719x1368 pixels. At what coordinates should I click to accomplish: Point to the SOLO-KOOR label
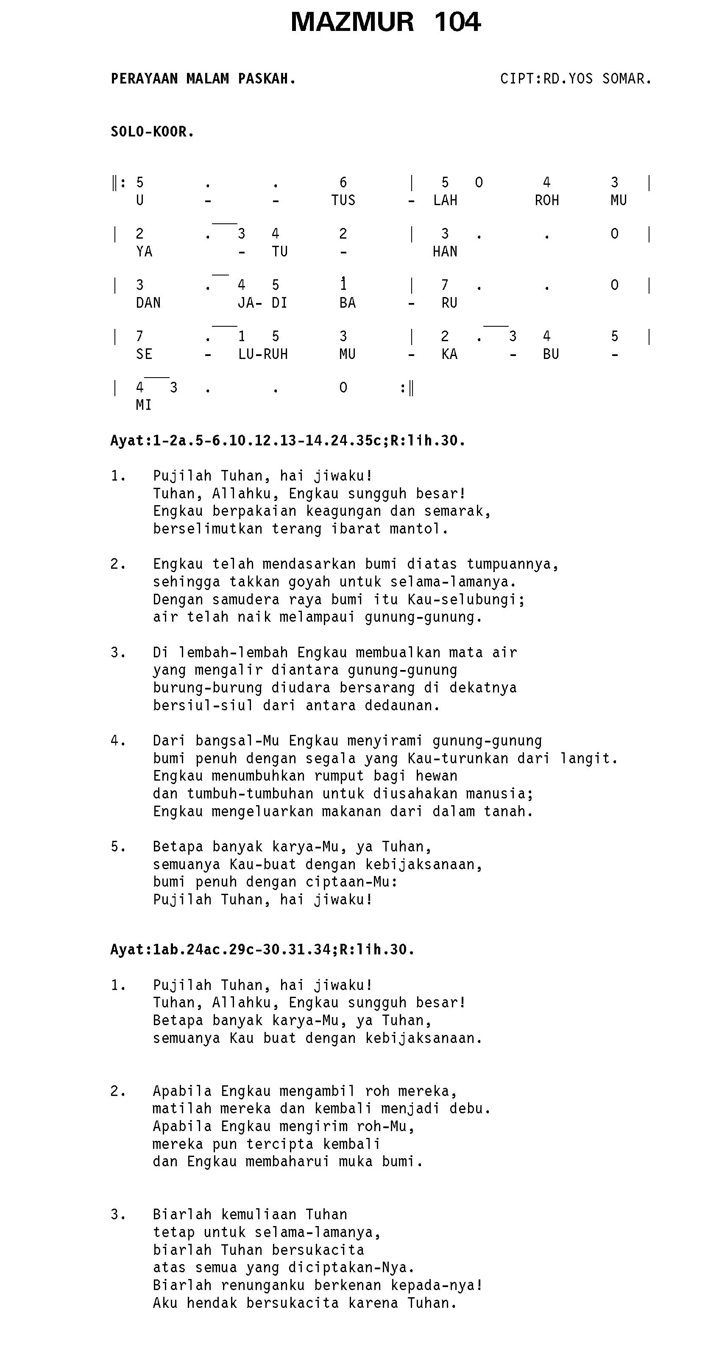[x=152, y=132]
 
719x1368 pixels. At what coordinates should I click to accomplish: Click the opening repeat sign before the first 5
[x=119, y=183]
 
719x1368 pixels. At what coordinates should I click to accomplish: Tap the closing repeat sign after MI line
[x=407, y=388]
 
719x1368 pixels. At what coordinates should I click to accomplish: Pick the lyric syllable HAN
[x=445, y=252]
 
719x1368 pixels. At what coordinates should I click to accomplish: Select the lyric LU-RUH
[x=263, y=354]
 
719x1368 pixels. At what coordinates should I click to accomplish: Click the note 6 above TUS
[x=343, y=183]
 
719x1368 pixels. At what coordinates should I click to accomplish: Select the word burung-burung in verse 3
[x=207, y=688]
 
